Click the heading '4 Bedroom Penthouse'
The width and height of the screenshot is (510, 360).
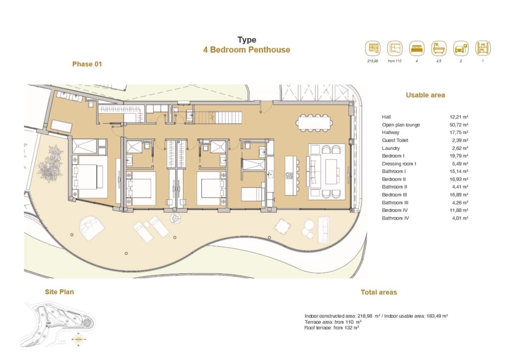pyautogui.click(x=246, y=50)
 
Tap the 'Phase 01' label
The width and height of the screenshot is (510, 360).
pyautogui.click(x=87, y=64)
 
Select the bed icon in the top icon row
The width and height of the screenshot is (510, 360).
pyautogui.click(x=417, y=48)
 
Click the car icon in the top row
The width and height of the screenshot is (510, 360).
pyautogui.click(x=461, y=48)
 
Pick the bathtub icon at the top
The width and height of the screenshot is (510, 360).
pyautogui.click(x=439, y=48)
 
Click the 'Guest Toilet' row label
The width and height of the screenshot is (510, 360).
pyautogui.click(x=394, y=140)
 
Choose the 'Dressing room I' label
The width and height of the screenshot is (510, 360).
pyautogui.click(x=399, y=164)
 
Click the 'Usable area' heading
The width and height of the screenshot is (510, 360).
pyautogui.click(x=425, y=95)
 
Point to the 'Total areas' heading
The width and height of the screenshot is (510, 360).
pyautogui.click(x=379, y=292)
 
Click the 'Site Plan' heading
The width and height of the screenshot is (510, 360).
pyautogui.click(x=59, y=292)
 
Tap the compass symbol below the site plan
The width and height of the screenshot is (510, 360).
pyautogui.click(x=78, y=339)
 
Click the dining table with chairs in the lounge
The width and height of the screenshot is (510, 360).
pyautogui.click(x=315, y=122)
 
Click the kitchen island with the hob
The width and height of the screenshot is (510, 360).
pyautogui.click(x=290, y=176)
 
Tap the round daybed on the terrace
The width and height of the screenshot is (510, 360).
pyautogui.click(x=92, y=227)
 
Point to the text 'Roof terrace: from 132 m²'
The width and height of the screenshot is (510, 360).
pyautogui.click(x=332, y=328)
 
